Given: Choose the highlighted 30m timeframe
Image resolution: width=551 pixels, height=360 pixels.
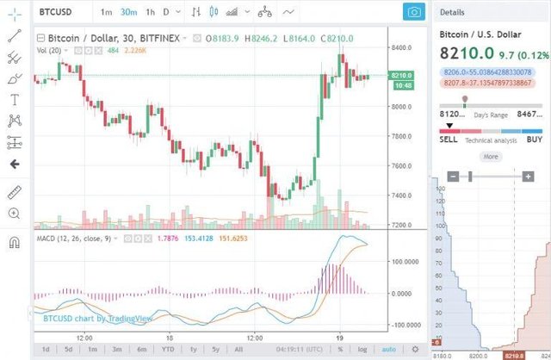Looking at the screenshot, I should pos(128,12).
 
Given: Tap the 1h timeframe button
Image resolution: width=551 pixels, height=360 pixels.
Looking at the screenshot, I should pos(150,12).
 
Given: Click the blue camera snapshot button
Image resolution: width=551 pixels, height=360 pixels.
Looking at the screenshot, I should pos(414,12).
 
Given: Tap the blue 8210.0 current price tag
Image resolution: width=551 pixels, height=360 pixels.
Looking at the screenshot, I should pos(402,76).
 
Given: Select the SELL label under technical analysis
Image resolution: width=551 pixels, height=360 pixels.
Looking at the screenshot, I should pos(449,139).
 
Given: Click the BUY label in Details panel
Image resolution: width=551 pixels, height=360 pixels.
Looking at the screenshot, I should pos(534,139).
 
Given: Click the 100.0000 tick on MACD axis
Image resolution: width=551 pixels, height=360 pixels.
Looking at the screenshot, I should pos(405,261).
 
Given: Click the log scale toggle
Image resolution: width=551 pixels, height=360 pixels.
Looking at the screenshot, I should pos(363,349).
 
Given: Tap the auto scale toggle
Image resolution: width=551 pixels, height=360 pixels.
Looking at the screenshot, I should pos(389,349).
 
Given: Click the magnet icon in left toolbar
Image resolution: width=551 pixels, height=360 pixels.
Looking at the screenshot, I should pos(14,243).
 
